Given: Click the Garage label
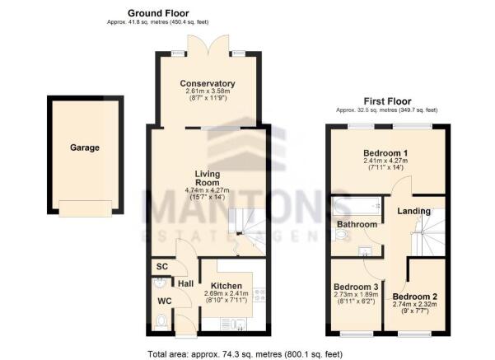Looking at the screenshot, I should pos(84,148).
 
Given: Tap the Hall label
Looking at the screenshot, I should pos(186,283).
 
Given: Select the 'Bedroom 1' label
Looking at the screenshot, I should pos(386,153).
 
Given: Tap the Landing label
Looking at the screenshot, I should pos(413,212).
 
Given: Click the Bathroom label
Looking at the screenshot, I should pos(357,224).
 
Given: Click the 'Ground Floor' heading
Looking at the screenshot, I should pos(158,14).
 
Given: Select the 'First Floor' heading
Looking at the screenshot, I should pos(385,101).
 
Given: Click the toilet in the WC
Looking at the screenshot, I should pos(161,320).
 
